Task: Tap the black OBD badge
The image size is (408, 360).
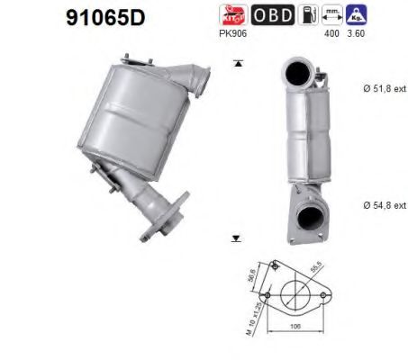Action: [x=270, y=14]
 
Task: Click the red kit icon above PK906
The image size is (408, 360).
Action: [x=232, y=14]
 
